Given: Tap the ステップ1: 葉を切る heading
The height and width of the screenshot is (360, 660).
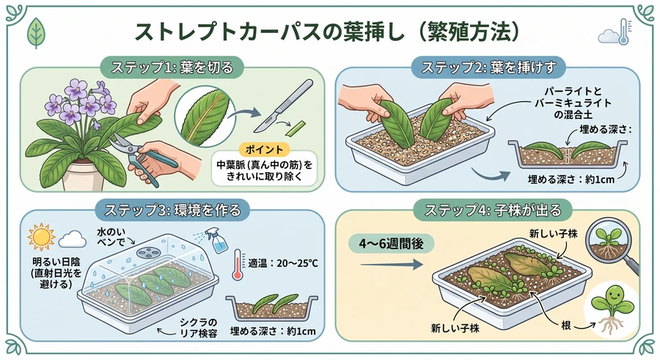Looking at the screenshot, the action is click(x=172, y=67).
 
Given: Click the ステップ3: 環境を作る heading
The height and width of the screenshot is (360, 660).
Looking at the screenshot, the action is click(x=172, y=210).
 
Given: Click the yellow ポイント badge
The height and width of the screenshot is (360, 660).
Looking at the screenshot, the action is click(x=264, y=150).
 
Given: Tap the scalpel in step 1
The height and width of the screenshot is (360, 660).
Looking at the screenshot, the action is click(x=284, y=106).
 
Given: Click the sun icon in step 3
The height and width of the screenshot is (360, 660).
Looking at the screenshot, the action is click(x=41, y=238).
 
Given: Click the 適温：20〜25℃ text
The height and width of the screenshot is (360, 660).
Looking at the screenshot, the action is click(x=283, y=263).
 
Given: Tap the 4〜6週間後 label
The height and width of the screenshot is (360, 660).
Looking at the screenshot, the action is click(x=391, y=244).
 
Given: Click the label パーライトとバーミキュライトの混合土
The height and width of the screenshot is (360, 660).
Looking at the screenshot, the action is click(x=573, y=103).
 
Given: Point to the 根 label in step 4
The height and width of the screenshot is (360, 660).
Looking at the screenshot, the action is click(x=565, y=325).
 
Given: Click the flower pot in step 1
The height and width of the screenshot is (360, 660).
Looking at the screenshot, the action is click(x=83, y=175).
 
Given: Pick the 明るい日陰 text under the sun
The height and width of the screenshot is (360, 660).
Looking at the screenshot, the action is click(x=56, y=262).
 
